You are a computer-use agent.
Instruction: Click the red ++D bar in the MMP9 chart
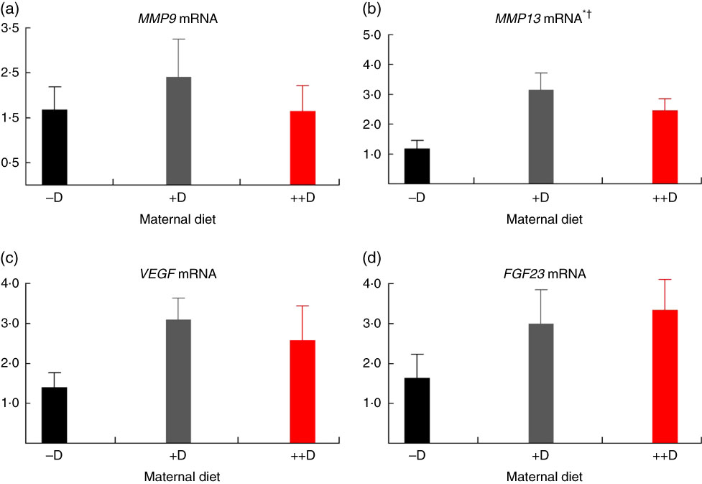tap(302, 148)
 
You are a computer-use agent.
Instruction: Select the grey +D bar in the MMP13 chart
tap(541, 137)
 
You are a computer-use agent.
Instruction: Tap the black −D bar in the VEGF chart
tap(55, 416)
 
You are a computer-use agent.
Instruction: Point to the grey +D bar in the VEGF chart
tap(178, 382)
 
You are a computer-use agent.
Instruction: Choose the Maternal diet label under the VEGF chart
tap(178, 476)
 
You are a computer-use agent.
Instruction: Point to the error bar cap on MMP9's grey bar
tap(178, 39)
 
